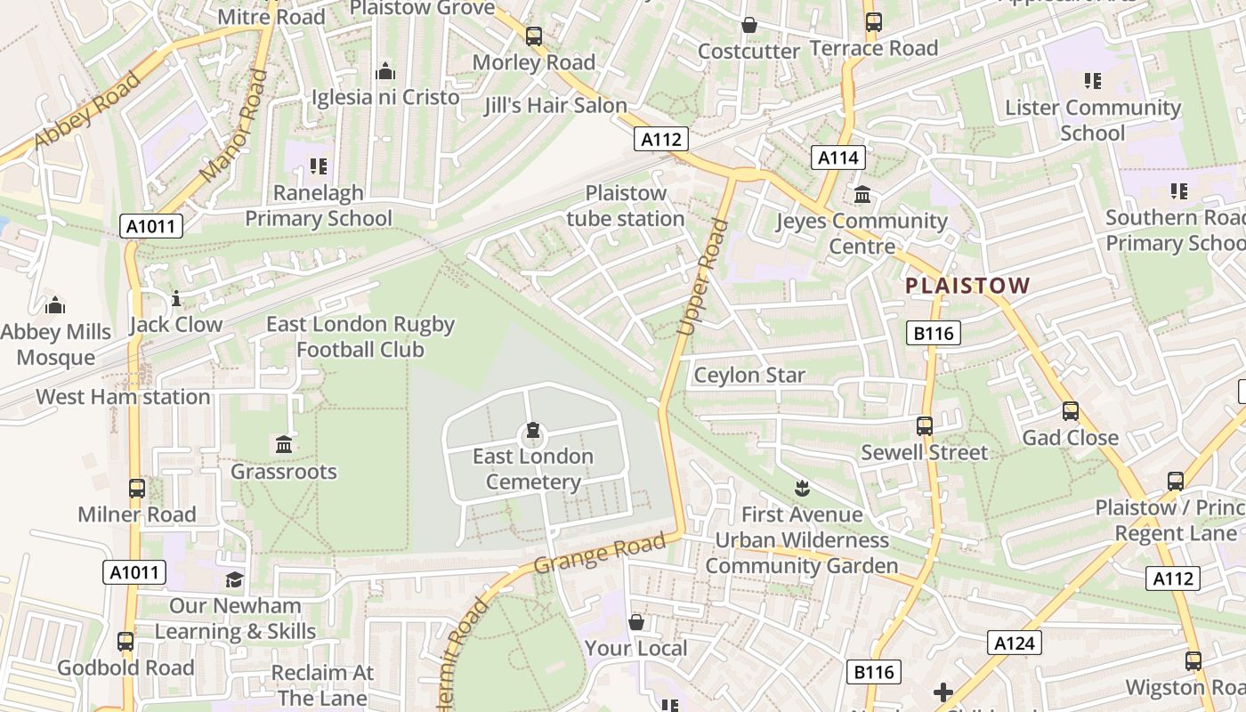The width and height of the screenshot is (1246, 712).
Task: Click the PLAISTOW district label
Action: (x=967, y=286)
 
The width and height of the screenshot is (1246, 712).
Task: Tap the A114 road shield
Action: (x=837, y=158)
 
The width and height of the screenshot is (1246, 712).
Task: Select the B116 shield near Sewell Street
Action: (x=933, y=334)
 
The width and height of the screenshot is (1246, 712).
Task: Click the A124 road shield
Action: (x=1014, y=643)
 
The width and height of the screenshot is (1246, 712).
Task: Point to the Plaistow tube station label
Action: (x=625, y=206)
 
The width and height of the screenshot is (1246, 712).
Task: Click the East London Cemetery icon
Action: (x=532, y=432)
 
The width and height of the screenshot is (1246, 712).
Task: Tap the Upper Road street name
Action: (x=703, y=277)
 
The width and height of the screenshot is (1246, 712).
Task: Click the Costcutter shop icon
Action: (x=749, y=26)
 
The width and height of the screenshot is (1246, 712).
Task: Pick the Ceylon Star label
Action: (x=749, y=375)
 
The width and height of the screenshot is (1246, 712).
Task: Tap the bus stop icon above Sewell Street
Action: (x=925, y=426)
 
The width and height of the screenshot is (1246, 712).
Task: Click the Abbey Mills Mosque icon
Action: (x=55, y=306)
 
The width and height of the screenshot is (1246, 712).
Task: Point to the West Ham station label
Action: (x=123, y=397)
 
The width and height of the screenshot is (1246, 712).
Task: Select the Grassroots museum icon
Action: (x=284, y=444)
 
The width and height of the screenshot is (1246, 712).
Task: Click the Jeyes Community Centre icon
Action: (x=862, y=195)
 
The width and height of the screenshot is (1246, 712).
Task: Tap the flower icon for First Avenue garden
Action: (x=802, y=488)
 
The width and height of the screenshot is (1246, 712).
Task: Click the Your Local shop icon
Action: (x=635, y=622)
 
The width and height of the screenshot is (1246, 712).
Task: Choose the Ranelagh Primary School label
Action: (x=318, y=206)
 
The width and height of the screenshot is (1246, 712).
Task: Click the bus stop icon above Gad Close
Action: (x=1070, y=411)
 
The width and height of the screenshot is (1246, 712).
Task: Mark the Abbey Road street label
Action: (x=87, y=110)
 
